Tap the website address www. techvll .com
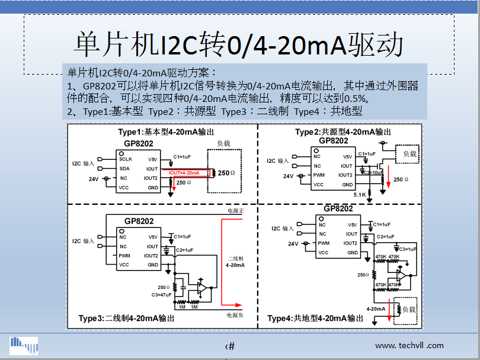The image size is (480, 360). tap(409, 345)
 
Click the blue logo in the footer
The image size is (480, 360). tap(24, 345)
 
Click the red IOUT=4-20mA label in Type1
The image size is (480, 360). tap(188, 173)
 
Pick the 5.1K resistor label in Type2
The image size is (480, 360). tap(359, 194)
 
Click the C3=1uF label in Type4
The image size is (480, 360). tap(408, 249)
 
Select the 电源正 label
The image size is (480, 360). tap(235, 211)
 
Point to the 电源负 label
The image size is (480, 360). tap(235, 315)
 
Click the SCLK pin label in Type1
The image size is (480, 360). tap(126, 159)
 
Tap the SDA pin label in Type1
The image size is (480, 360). tap(124, 168)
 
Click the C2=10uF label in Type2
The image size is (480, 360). tap(373, 172)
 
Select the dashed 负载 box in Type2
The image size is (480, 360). tap(407, 154)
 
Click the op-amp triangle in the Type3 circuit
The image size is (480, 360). tap(201, 287)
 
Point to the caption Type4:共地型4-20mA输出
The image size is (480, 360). tap(315, 318)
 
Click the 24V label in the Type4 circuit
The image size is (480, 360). tap(293, 243)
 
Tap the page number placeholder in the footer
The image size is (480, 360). tap(230, 346)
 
